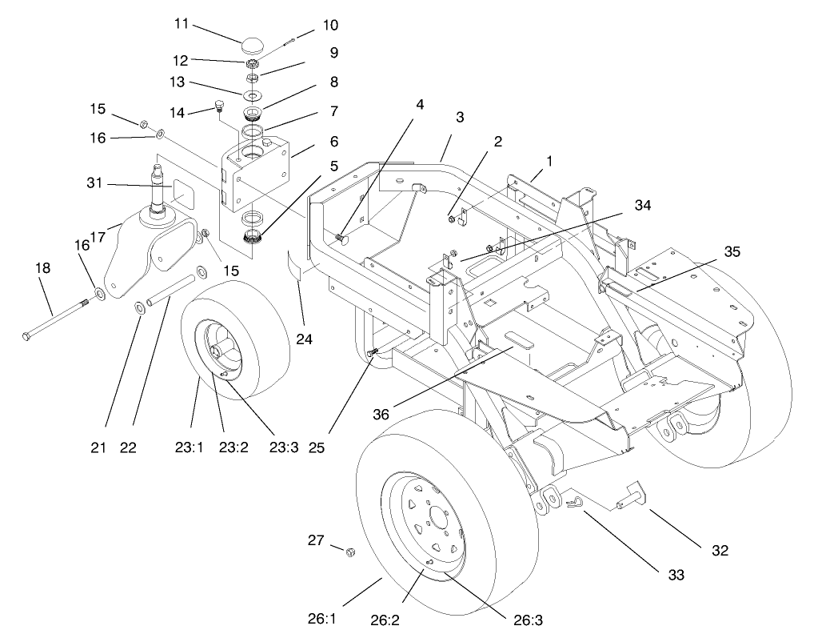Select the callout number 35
tap(730, 251)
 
